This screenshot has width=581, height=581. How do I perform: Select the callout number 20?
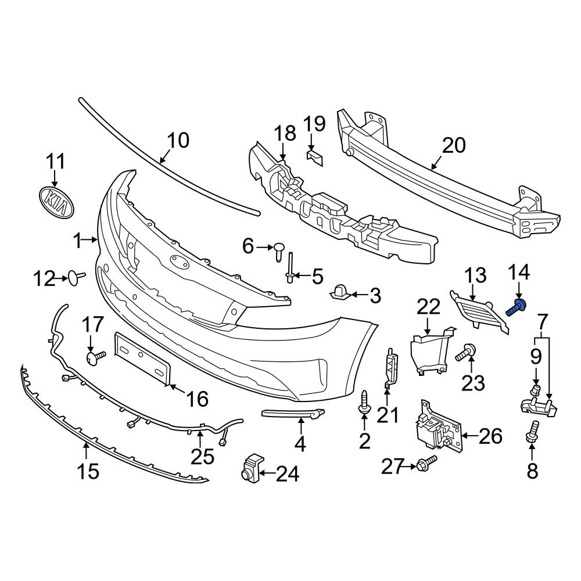(x=453, y=145)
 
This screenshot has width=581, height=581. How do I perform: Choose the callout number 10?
(x=178, y=141)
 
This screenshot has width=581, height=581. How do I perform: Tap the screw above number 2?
(x=364, y=401)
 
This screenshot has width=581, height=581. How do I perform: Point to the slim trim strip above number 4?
(x=290, y=413)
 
